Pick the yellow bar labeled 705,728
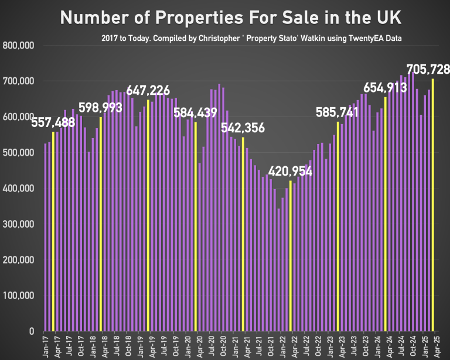click(433, 205)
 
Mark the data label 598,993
click(100, 108)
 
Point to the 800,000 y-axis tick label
click(19, 45)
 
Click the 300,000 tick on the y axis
click(19, 224)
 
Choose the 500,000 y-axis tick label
click(19, 153)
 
